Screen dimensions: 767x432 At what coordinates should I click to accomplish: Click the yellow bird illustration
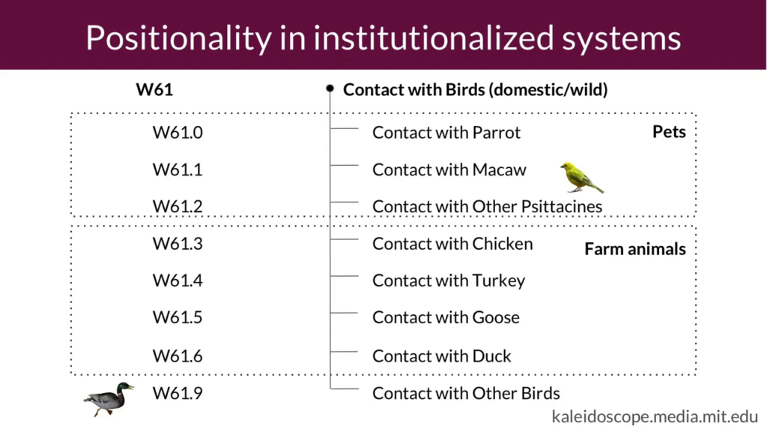(581, 177)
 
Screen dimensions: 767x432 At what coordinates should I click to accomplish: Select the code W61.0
(178, 132)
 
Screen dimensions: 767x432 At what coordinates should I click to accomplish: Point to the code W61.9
(178, 393)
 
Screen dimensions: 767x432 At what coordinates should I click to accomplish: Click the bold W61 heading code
(154, 90)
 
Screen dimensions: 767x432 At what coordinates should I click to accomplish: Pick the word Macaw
(500, 169)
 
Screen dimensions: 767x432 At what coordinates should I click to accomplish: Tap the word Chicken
(503, 244)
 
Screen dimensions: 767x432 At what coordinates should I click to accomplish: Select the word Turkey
(498, 280)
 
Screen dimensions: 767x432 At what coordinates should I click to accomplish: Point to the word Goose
(496, 317)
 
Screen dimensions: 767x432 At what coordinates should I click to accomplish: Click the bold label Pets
(669, 132)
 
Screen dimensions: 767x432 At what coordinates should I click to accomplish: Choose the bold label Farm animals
(635, 249)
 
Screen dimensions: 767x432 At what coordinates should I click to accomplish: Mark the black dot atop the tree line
(330, 88)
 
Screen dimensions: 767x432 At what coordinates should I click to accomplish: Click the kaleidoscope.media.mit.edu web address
(655, 416)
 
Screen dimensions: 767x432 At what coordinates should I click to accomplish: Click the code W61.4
(178, 280)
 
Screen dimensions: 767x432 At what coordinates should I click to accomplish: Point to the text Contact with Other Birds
(466, 393)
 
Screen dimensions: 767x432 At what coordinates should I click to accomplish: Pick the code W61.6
(178, 356)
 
